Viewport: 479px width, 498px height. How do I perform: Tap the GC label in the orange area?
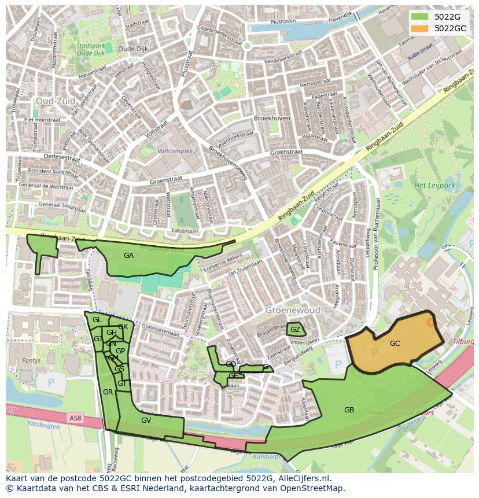tap(395, 344)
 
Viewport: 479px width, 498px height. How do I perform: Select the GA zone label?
tap(128, 256)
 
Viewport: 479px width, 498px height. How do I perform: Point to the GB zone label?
tap(349, 410)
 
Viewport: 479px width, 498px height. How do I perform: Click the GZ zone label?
tap(295, 330)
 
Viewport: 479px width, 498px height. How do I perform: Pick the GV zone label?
tap(146, 420)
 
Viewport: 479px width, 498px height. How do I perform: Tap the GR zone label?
tap(108, 392)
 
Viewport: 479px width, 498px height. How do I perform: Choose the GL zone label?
tap(97, 320)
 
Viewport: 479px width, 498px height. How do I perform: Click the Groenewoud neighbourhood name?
tap(293, 311)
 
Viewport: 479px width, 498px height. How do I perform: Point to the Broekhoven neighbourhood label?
tap(272, 118)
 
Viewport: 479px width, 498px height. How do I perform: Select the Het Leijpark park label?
tap(434, 186)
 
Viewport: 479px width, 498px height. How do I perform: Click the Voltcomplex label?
tap(175, 151)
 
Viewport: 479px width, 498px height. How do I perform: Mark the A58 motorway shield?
tap(75, 418)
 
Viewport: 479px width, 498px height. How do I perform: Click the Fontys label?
tap(31, 360)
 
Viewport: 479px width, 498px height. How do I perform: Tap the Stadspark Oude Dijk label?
tap(91, 49)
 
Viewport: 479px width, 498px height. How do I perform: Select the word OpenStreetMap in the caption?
tap(313, 488)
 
